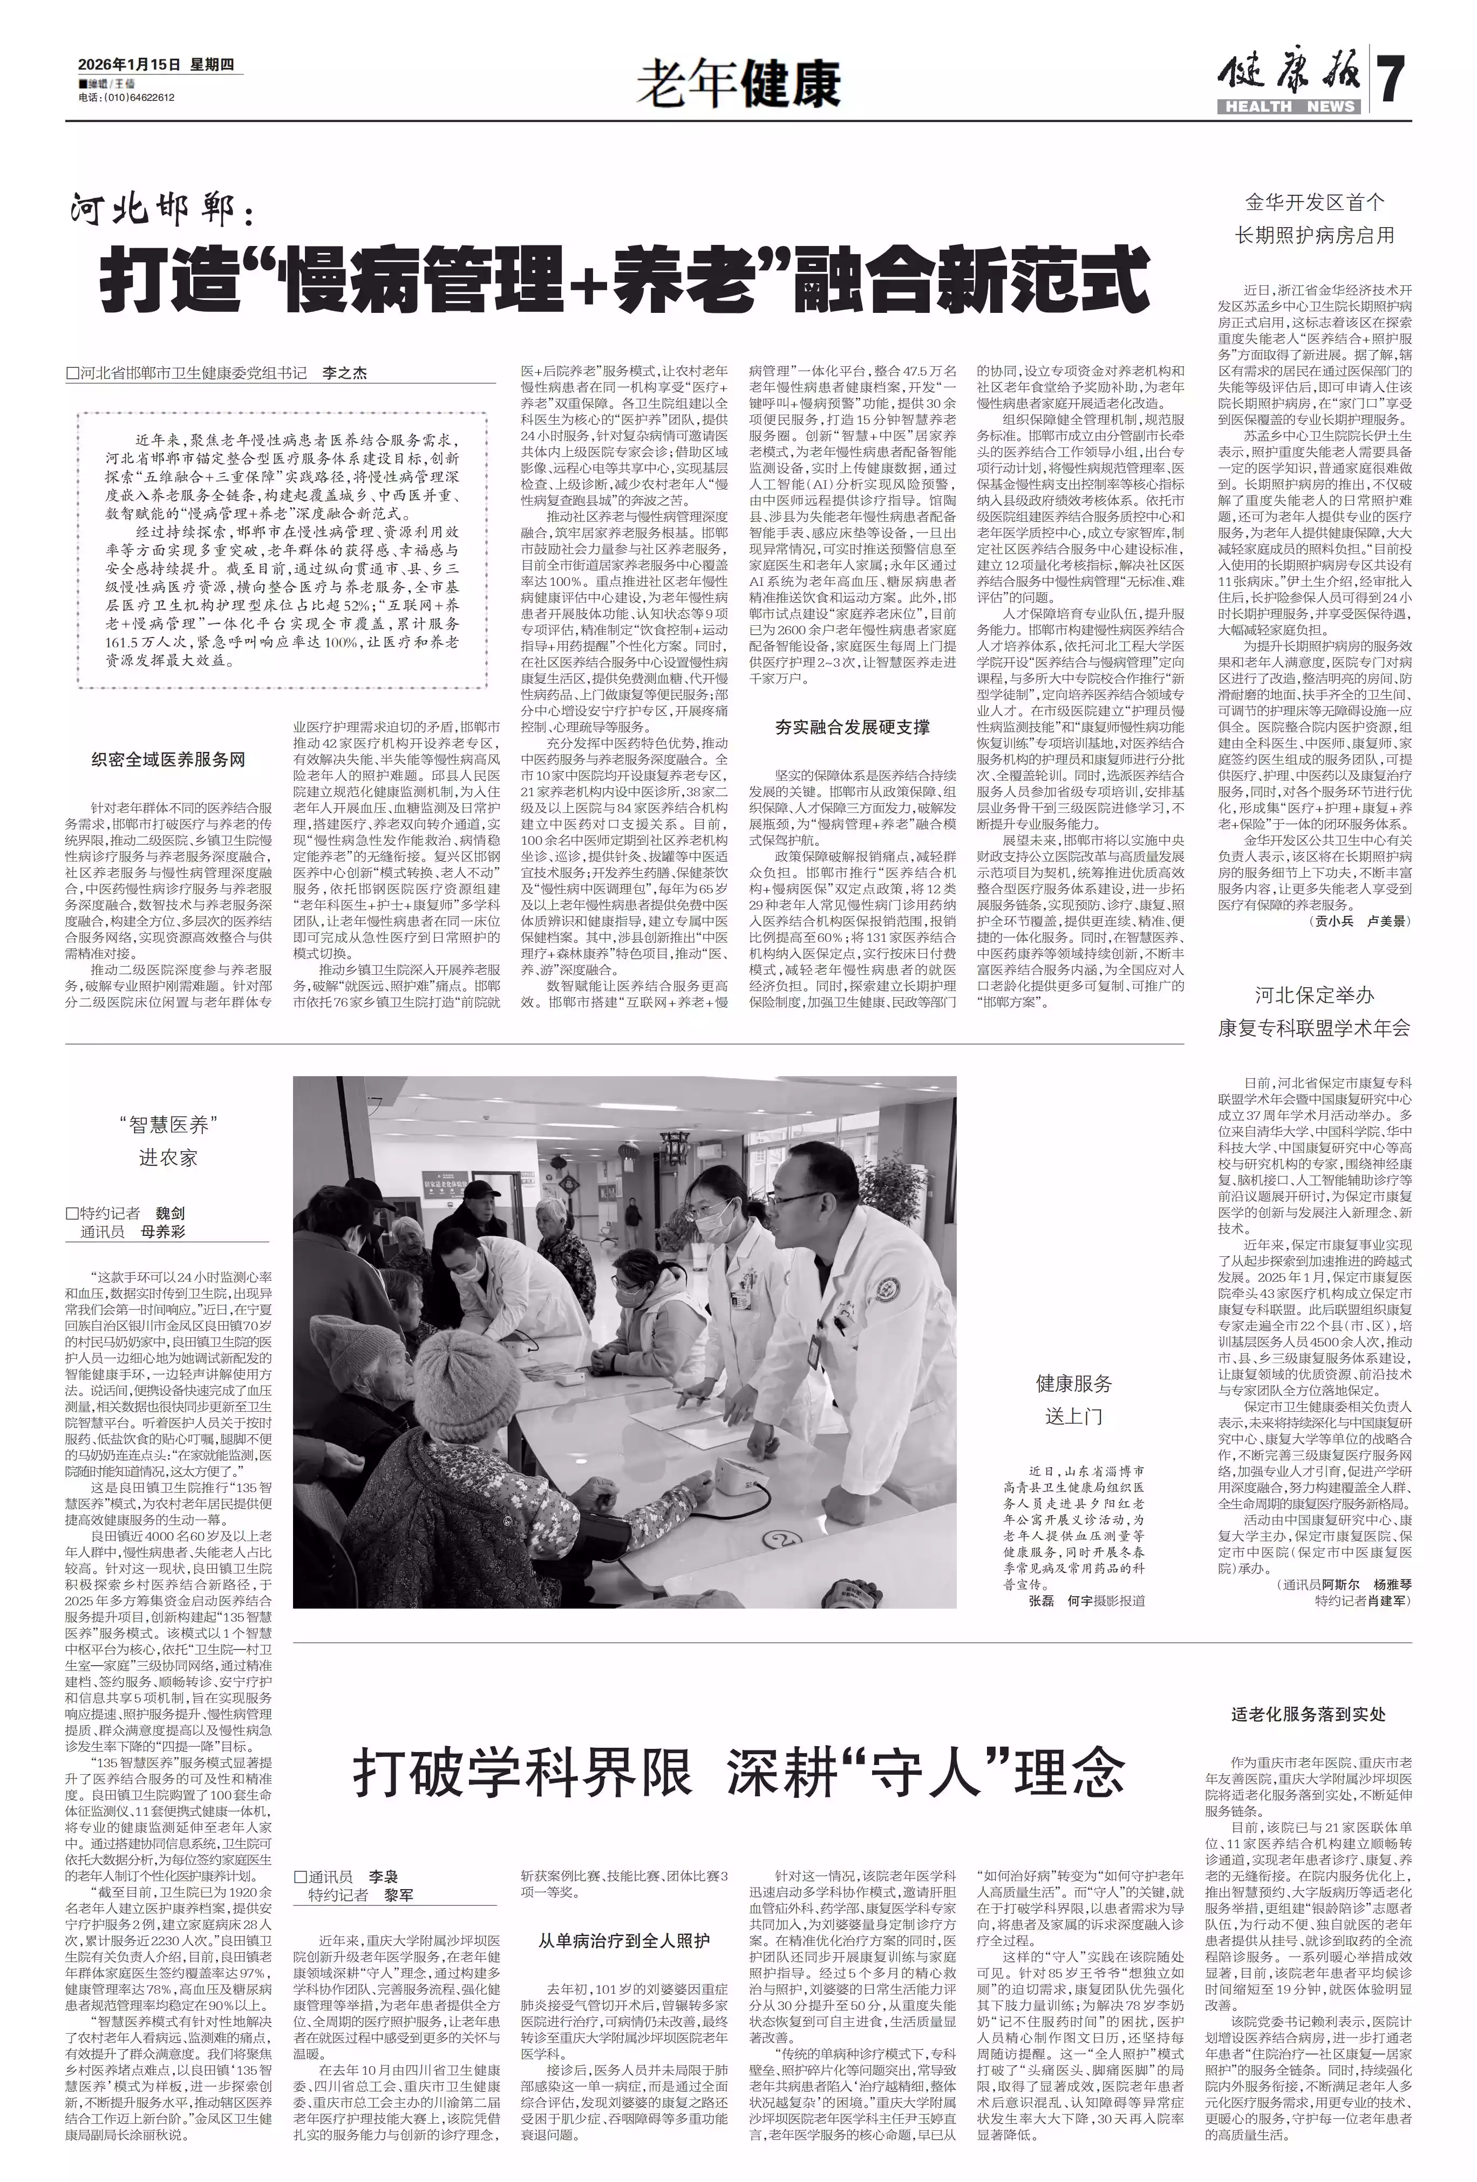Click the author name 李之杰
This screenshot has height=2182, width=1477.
345,373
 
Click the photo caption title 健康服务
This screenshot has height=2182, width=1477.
1073,1383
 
